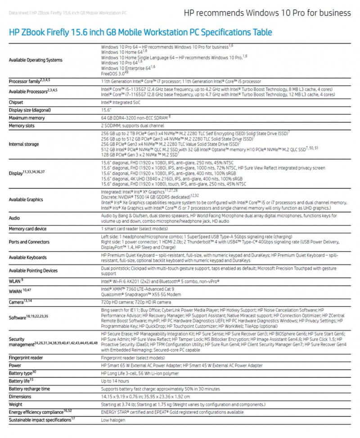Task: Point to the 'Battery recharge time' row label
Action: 29,389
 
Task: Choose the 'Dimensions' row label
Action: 21,397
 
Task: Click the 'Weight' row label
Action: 16,404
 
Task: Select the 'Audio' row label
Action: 14,218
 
